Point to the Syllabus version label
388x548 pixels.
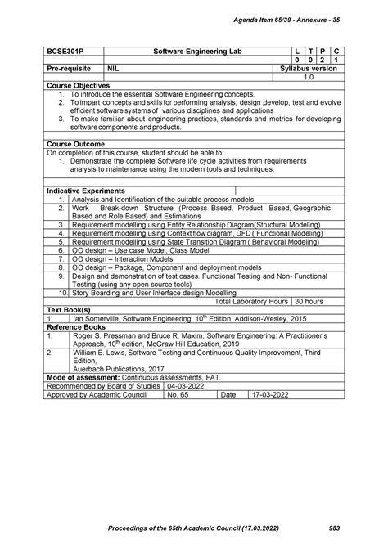309,69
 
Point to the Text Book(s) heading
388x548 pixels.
71,310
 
